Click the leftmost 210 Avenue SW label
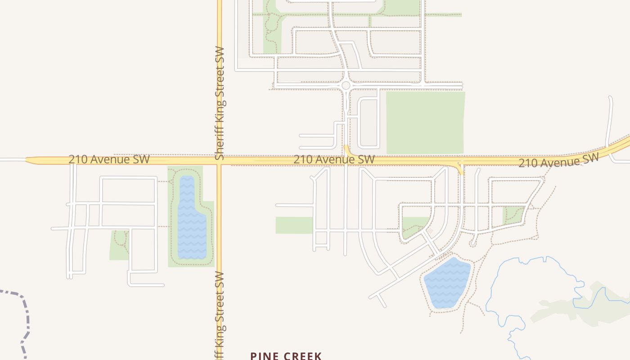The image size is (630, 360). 109,159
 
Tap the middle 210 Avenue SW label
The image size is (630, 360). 334,159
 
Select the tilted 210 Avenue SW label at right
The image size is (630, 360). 558,160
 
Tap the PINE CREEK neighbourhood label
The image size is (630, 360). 286,356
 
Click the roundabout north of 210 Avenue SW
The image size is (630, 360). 346,85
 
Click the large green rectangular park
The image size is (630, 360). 425,122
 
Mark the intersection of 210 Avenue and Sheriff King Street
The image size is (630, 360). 220,160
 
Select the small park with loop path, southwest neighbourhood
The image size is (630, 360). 119,245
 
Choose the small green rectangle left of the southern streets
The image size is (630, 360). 294,225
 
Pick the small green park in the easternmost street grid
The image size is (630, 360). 513,215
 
